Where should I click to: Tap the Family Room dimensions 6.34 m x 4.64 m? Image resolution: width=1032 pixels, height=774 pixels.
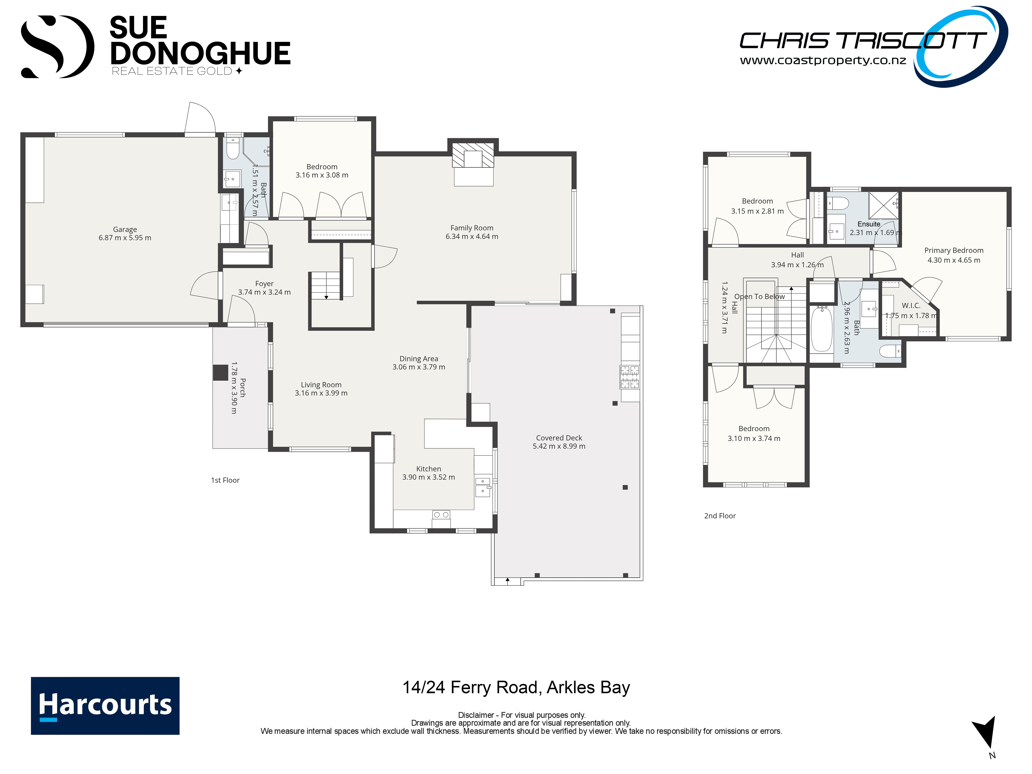[472, 236]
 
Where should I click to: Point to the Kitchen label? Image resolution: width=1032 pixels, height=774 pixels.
[428, 469]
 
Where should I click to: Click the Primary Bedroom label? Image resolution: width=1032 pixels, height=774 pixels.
[954, 250]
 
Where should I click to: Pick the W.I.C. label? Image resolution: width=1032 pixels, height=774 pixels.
[911, 306]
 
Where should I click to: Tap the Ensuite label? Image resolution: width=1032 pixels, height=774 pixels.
[869, 224]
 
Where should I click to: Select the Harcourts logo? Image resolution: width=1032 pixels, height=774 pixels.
[105, 705]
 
